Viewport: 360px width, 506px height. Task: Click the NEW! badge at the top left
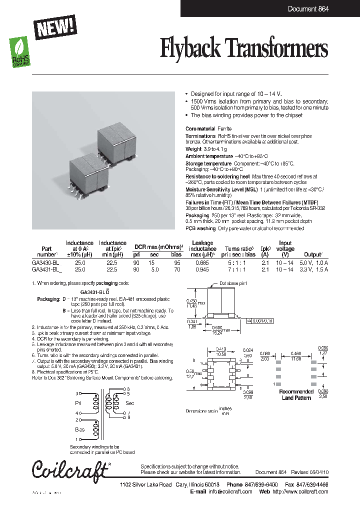[54, 24]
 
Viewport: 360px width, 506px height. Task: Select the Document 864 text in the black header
[308, 9]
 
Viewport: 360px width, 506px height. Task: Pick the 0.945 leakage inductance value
[202, 269]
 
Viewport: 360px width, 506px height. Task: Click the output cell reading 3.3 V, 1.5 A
[313, 269]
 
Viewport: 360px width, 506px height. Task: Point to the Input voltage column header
[285, 246]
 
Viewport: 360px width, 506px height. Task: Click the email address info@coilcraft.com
[230, 491]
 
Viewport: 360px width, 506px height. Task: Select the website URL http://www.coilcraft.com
[300, 491]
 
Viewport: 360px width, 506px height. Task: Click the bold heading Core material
[200, 129]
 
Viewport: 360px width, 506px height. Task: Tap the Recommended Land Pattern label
[296, 394]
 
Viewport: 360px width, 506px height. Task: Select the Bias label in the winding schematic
[80, 429]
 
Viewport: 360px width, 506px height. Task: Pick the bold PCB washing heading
[200, 229]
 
